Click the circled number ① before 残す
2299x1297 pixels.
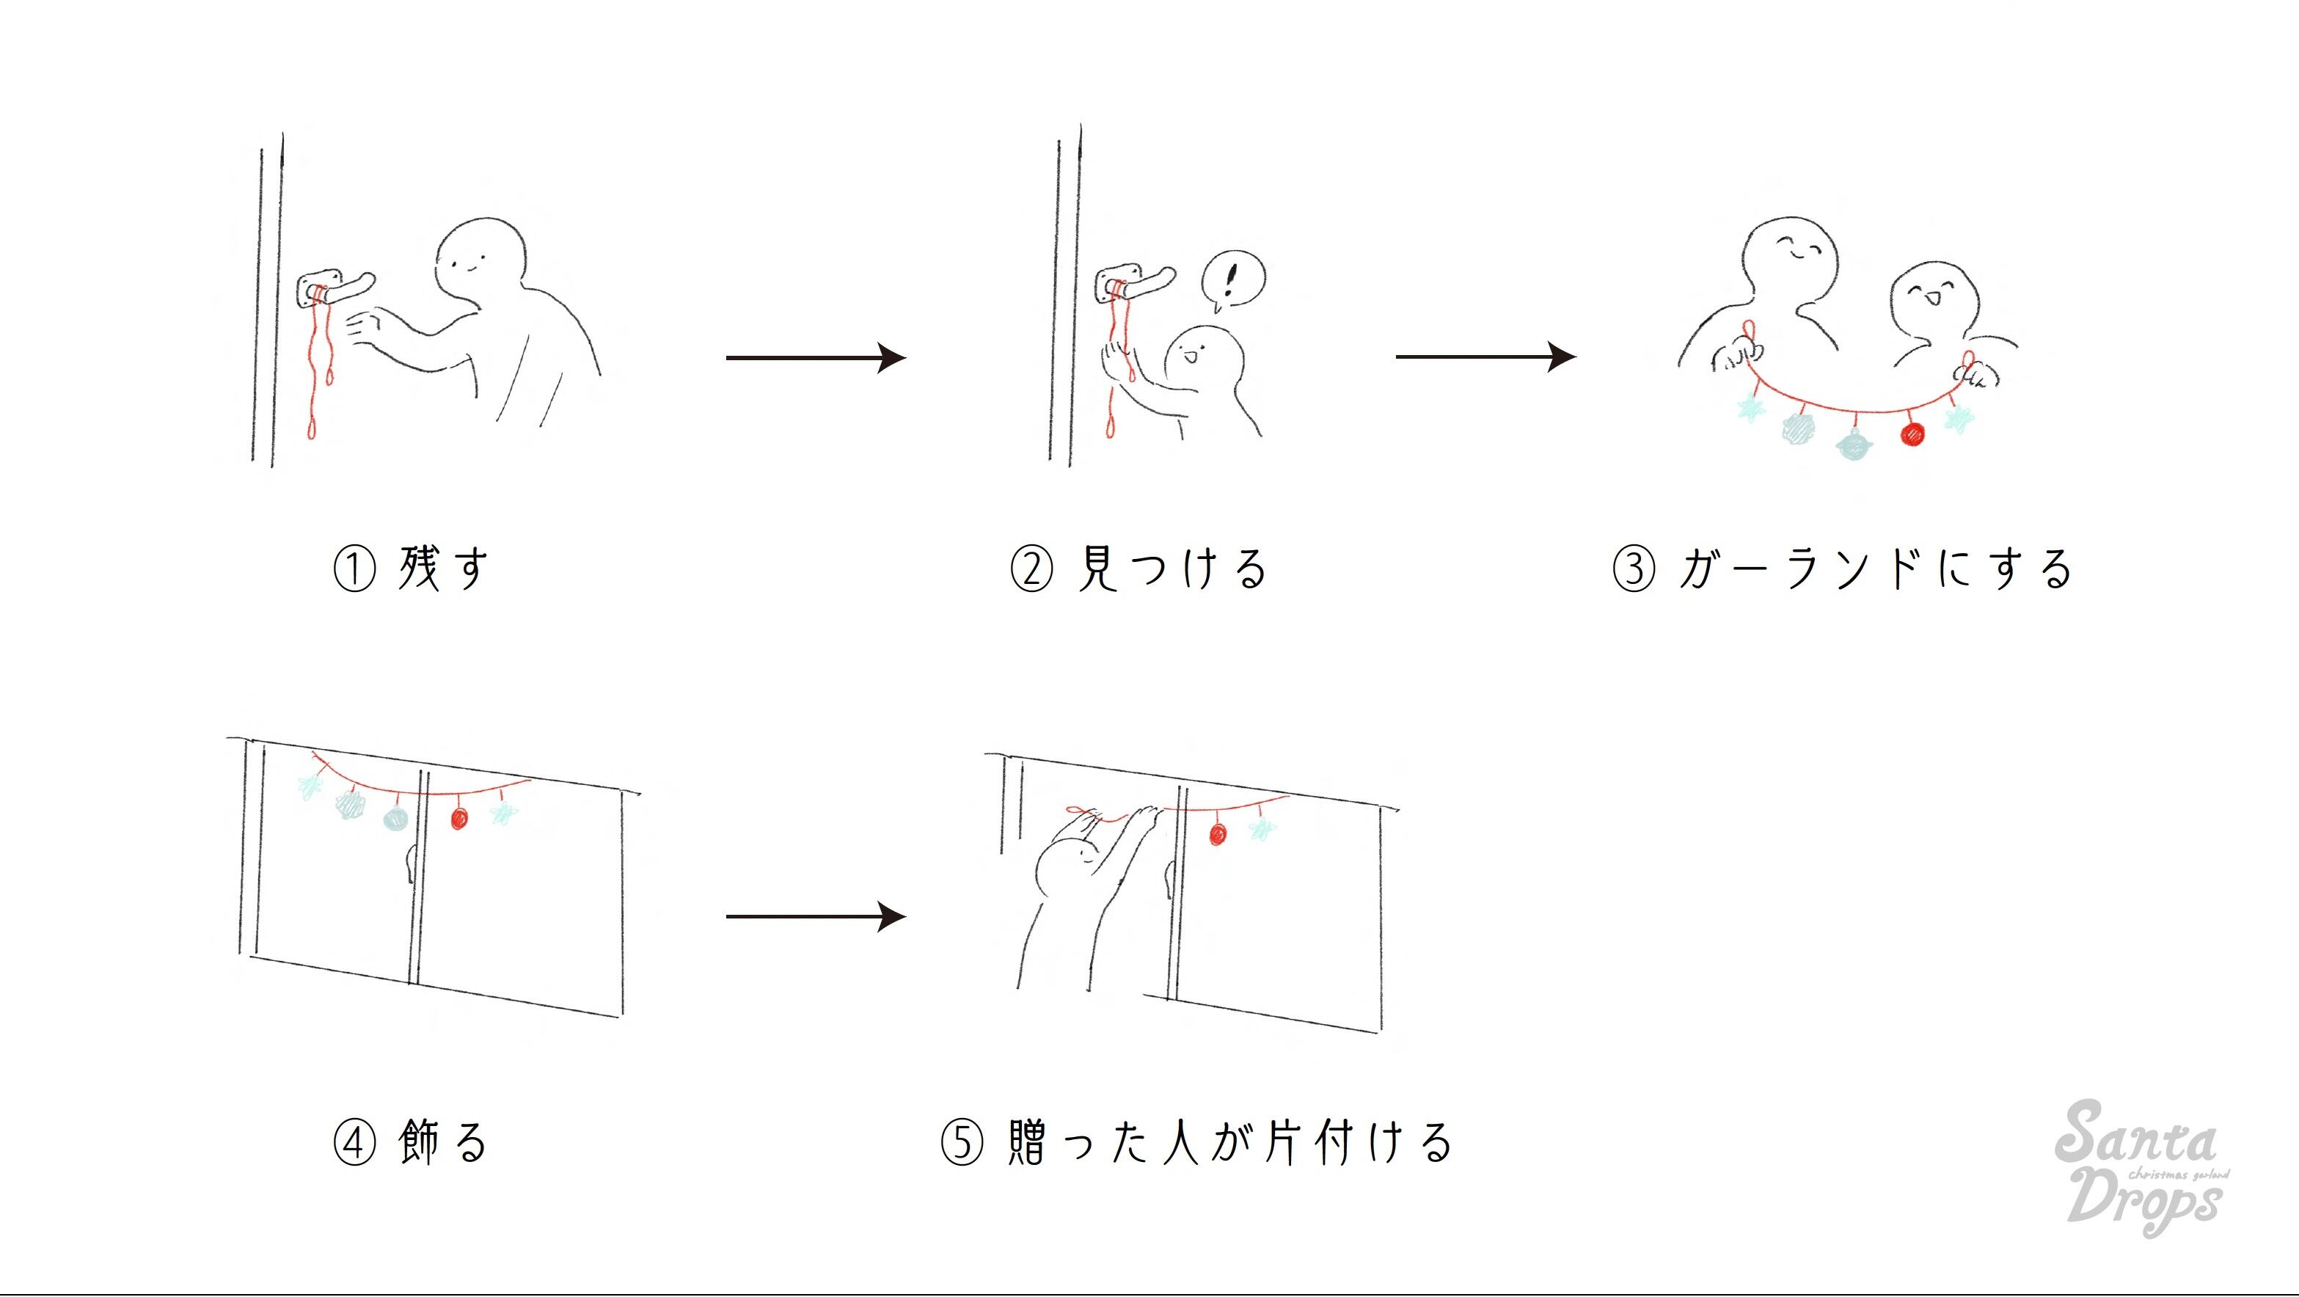click(x=354, y=569)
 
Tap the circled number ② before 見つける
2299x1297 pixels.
click(x=1031, y=569)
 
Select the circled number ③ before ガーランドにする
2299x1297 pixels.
click(x=1634, y=569)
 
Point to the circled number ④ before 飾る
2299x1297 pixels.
click(x=354, y=1142)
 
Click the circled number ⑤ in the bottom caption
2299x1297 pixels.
click(x=962, y=1142)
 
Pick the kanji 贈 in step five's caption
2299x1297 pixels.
click(x=1029, y=1142)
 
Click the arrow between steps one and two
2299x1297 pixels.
click(x=816, y=358)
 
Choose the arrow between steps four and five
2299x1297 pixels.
click(x=816, y=917)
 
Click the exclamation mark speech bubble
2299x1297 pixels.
click(x=1232, y=280)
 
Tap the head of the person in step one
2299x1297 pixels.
click(x=480, y=260)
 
